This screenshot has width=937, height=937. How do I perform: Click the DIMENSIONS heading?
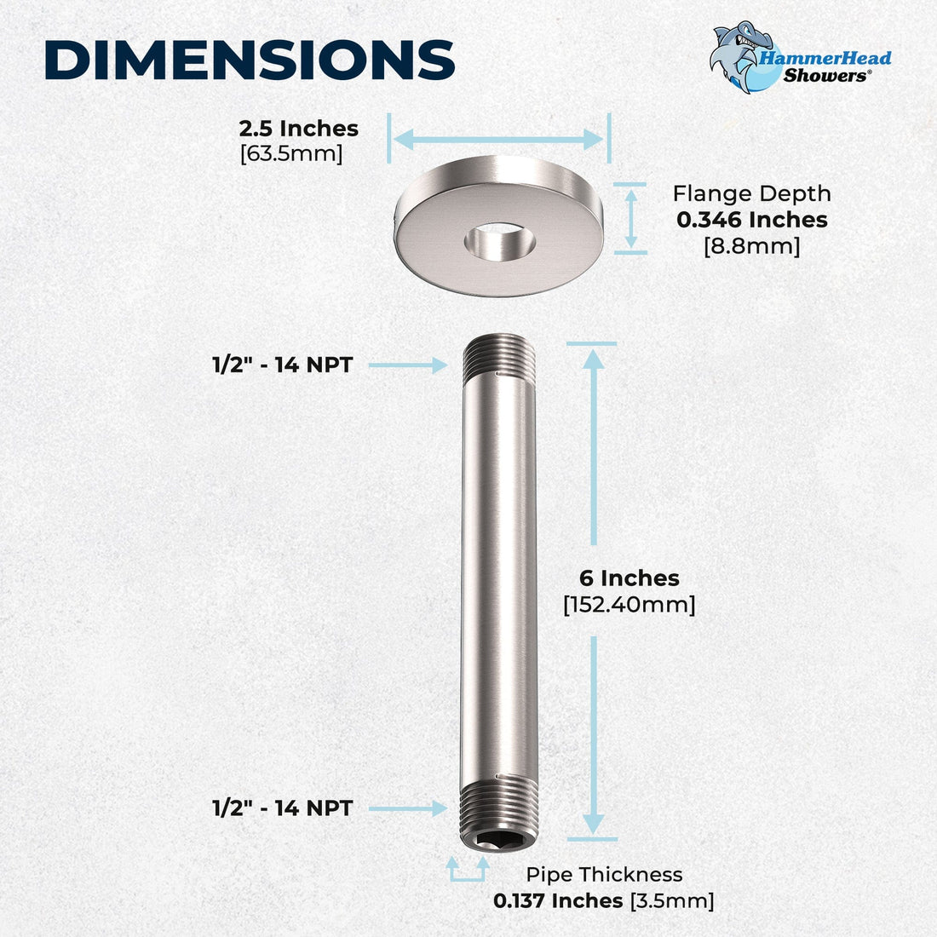tap(249, 60)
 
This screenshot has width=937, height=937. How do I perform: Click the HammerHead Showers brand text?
tap(825, 66)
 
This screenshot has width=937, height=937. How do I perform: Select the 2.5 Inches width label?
tap(298, 129)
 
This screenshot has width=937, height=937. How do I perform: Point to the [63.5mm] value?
tap(291, 154)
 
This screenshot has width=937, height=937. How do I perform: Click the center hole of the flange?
tap(500, 241)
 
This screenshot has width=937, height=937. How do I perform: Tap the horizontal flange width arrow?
tap(498, 139)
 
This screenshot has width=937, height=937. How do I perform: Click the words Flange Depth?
tap(751, 193)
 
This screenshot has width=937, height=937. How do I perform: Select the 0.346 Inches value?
tap(751, 220)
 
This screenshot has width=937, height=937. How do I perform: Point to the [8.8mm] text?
tap(751, 246)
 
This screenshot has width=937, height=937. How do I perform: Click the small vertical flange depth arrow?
tap(631, 218)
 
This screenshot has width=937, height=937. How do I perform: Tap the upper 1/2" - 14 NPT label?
tap(282, 365)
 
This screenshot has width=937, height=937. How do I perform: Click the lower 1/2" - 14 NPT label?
tap(282, 808)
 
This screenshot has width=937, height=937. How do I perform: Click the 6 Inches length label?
tap(629, 578)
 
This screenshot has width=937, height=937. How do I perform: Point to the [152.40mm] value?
tap(629, 605)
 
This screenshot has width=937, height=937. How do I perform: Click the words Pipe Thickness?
tap(604, 874)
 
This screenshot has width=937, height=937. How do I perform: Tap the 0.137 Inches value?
tap(558, 900)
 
